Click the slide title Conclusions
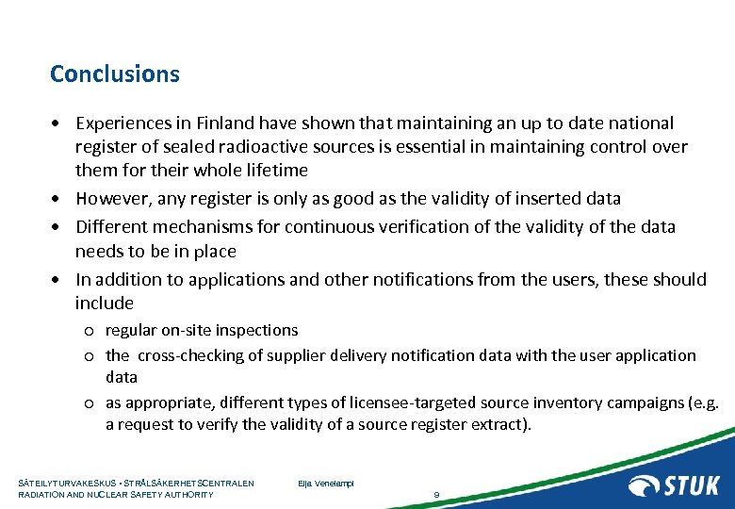[115, 74]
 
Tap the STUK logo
[674, 485]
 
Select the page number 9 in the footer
[436, 494]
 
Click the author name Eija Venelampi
[325, 484]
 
